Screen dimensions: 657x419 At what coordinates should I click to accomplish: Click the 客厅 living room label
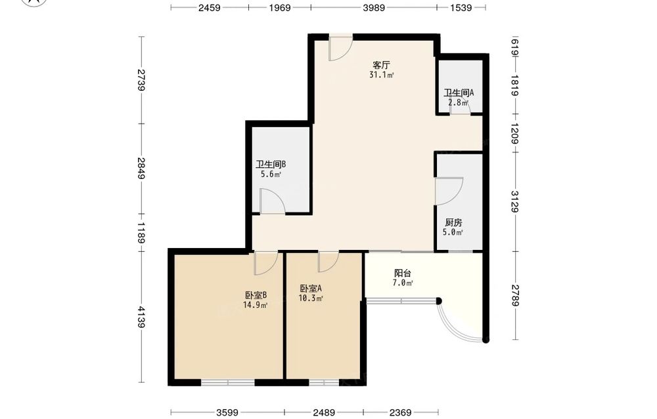pos(381,65)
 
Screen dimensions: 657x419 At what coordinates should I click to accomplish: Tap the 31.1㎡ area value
pos(381,75)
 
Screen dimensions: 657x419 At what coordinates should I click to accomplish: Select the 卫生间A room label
pos(459,93)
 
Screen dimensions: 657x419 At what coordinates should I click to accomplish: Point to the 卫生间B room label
pos(271,164)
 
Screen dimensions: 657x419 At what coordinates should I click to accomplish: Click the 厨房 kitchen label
pos(453,222)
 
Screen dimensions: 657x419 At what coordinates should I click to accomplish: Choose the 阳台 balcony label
pos(403,273)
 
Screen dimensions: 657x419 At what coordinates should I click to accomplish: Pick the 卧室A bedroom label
pos(311,288)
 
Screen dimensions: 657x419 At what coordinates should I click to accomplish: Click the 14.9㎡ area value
pos(256,305)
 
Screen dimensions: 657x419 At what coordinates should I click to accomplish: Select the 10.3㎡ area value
pos(311,298)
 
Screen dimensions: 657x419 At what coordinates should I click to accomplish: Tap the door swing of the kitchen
pos(448,191)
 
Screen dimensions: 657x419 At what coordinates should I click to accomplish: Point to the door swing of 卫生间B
pos(273,201)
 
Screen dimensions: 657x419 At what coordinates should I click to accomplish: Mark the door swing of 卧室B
pos(265,263)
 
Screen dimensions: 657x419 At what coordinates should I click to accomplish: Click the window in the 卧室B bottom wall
pos(227,383)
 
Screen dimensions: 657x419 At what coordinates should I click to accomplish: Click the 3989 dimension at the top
pos(374,7)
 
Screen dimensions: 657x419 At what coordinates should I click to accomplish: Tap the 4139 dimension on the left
pos(142,317)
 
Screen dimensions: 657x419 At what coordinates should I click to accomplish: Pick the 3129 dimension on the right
pos(515,201)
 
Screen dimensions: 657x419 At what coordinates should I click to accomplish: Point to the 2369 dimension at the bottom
pos(400,412)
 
